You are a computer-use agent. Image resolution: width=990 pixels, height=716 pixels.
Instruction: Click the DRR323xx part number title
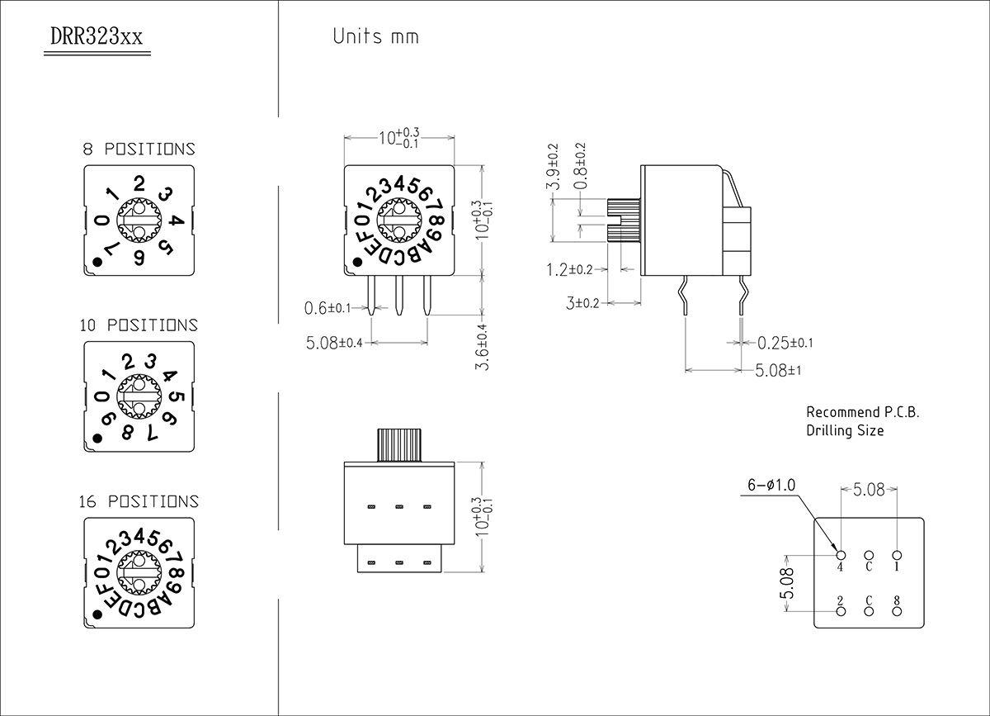point(97,38)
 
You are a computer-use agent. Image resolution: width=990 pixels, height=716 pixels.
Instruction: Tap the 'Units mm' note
point(375,36)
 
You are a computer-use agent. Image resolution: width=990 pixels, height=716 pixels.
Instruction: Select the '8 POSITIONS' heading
point(139,149)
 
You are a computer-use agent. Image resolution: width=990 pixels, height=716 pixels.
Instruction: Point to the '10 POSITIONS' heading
point(139,325)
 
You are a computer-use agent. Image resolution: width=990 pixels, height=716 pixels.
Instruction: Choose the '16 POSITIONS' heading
point(139,501)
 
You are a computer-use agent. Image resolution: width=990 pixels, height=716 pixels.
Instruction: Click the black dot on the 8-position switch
point(97,263)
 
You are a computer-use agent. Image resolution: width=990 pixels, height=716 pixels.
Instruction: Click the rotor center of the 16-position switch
point(139,571)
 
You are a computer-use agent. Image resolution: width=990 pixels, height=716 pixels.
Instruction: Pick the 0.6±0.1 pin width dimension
point(328,308)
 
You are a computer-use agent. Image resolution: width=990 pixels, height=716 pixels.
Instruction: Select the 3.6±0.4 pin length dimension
point(483,346)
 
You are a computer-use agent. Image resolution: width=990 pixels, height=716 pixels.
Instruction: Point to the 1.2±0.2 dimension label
point(569,269)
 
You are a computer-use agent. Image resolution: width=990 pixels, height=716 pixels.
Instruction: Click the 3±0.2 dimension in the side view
point(582,303)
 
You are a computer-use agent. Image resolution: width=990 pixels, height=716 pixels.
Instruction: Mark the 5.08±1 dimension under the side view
point(778,370)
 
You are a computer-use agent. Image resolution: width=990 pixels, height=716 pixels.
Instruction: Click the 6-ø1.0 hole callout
point(771,486)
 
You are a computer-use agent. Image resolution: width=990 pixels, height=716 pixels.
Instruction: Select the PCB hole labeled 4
point(840,555)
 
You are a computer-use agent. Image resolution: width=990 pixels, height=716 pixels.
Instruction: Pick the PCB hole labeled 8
point(897,611)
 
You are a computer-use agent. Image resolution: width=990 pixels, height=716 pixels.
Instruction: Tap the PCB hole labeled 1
point(897,555)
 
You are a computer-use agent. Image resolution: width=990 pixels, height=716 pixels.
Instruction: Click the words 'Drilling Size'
point(845,430)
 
